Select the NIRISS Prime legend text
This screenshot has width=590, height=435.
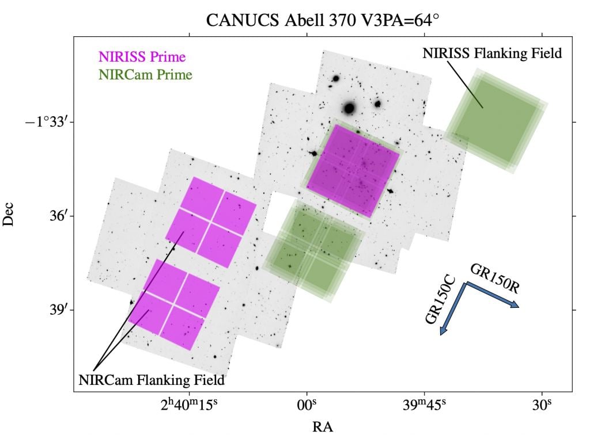point(142,57)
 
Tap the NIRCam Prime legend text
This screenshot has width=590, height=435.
point(145,74)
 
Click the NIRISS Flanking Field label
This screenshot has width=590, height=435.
point(492,54)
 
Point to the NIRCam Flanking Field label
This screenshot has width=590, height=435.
point(152,380)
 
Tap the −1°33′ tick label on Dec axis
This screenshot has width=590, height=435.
point(48,122)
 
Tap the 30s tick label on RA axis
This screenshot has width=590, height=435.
point(542,405)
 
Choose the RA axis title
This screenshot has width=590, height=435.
point(322,426)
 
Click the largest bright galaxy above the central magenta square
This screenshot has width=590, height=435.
point(348,108)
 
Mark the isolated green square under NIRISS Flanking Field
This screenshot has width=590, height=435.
point(496,121)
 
